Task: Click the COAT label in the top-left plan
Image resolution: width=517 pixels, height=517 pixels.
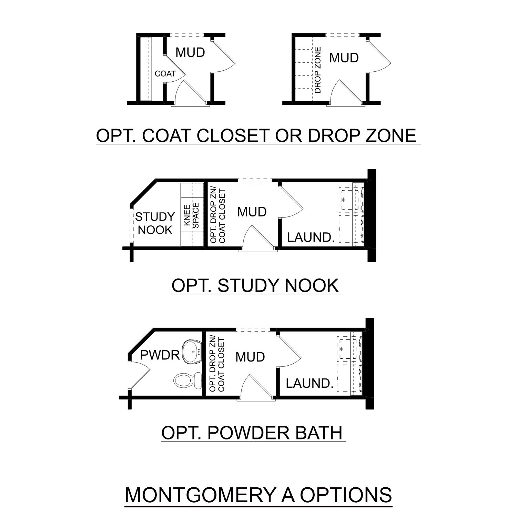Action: pos(165,73)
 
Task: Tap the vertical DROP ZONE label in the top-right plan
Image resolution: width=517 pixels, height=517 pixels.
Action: pos(318,70)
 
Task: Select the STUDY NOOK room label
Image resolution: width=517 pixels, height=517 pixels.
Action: pos(155,223)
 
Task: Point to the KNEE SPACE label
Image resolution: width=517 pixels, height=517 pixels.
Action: pos(191,216)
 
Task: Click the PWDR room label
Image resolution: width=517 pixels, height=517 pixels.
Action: pos(160,355)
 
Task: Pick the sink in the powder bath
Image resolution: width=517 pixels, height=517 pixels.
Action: pos(192,352)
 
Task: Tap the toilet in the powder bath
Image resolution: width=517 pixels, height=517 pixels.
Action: pos(188,380)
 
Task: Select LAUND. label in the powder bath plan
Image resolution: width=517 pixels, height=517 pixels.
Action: pos(310,383)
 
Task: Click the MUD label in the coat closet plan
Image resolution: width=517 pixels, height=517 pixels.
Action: pos(190,52)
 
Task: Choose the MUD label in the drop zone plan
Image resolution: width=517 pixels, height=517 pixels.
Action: pos(344,58)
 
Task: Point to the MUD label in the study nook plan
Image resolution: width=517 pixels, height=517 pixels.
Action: pos(252,212)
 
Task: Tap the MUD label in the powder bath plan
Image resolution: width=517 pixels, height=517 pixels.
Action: pos(250,357)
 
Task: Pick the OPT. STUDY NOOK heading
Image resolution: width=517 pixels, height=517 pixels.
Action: pos(255,286)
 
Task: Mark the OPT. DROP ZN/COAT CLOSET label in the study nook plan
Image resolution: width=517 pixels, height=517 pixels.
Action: pos(217,216)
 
